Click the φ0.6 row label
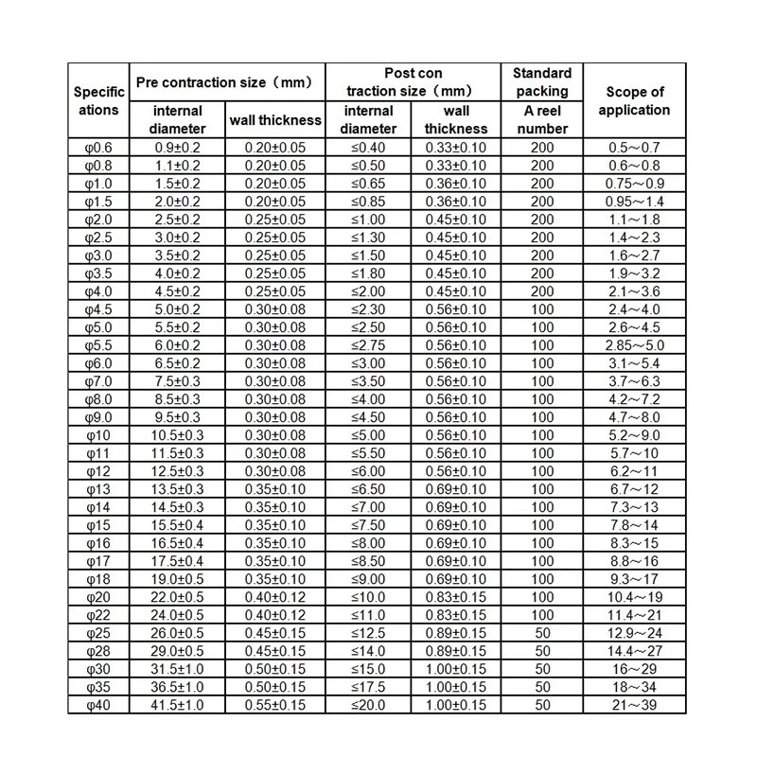(x=98, y=148)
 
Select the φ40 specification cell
(x=98, y=705)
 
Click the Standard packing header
(x=542, y=82)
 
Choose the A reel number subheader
(x=542, y=119)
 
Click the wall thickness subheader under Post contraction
(x=456, y=119)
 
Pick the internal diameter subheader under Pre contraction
(x=177, y=119)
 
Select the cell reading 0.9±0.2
(x=177, y=148)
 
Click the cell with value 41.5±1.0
(x=177, y=705)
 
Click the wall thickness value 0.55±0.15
(x=275, y=705)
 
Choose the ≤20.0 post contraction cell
(x=369, y=705)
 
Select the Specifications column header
(x=98, y=100)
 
